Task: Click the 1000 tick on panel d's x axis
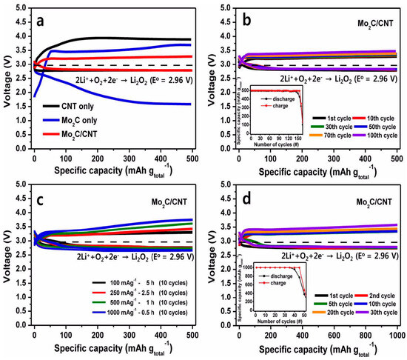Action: click(397, 333)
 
